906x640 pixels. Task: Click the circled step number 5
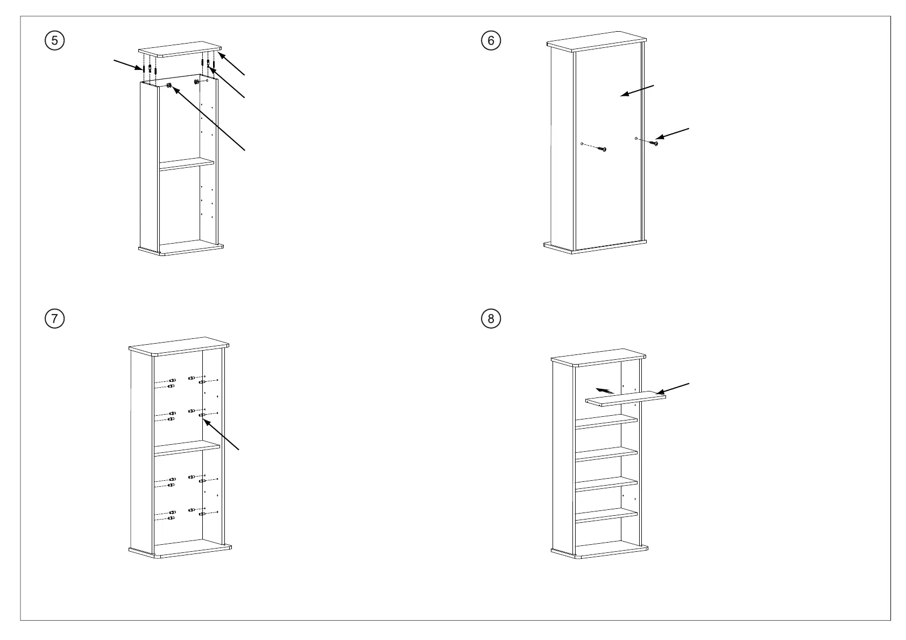tap(54, 40)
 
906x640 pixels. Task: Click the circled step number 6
tap(491, 40)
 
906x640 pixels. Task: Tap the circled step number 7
tap(54, 318)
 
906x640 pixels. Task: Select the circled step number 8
tap(491, 318)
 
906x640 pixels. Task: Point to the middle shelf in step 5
tap(186, 164)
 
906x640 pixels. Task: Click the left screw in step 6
tap(604, 149)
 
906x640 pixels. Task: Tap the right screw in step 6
tap(656, 143)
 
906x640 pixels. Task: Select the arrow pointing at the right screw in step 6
tap(673, 133)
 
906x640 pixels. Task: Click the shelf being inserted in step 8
tap(626, 399)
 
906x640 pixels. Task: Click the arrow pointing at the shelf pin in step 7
tap(221, 435)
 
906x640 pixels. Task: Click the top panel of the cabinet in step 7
tap(179, 346)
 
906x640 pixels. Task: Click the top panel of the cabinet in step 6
tap(597, 44)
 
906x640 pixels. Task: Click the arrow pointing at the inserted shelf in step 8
tap(673, 388)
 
